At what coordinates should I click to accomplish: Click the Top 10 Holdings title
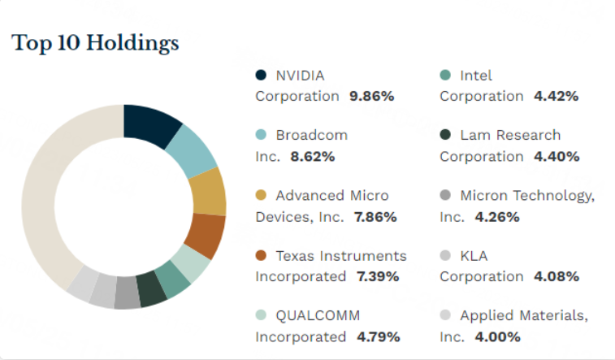pos(95,43)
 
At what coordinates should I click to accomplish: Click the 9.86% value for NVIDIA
pos(371,96)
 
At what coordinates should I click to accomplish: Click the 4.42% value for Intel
pos(556,96)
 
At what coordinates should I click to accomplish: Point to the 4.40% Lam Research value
pos(557,156)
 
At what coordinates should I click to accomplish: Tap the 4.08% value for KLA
pos(557,276)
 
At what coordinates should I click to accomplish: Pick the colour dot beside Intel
pos(445,76)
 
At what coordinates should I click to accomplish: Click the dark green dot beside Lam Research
pos(445,136)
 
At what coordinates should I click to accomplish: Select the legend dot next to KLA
pos(445,256)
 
